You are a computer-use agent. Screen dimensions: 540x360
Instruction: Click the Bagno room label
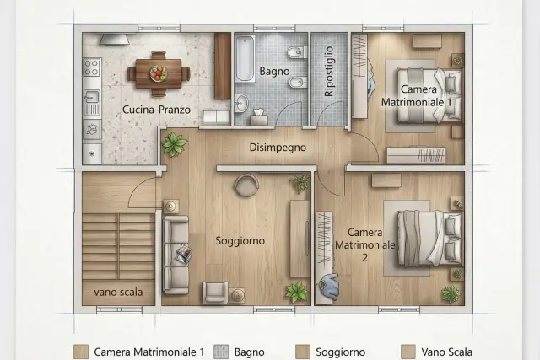[x=274, y=72]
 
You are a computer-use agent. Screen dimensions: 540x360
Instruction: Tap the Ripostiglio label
[x=329, y=72]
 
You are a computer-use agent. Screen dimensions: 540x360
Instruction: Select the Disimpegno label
[x=278, y=148]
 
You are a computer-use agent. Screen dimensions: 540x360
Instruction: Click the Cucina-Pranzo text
[x=156, y=110]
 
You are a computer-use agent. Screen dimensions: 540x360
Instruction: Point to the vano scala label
[x=118, y=293]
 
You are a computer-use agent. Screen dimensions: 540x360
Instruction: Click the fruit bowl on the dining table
[x=158, y=73]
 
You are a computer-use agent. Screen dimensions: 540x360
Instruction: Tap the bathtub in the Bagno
[x=246, y=58]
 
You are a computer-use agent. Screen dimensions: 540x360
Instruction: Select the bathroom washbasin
[x=241, y=103]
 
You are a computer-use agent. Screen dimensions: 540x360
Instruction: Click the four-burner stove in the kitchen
[x=92, y=67]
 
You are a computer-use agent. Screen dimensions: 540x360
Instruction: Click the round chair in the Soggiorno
[x=246, y=185]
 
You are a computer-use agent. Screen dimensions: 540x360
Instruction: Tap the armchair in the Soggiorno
[x=215, y=293]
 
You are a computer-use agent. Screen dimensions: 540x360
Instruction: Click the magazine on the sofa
[x=183, y=254]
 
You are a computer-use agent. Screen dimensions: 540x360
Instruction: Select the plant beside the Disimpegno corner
[x=175, y=143]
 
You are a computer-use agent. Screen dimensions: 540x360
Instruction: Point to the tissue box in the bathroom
[x=259, y=118]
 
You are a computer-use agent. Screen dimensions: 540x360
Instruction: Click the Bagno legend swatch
[x=221, y=352]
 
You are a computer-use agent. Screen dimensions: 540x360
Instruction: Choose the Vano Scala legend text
[x=446, y=352]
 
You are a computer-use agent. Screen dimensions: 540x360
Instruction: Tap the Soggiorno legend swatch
[x=303, y=352]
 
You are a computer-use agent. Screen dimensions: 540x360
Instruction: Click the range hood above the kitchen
[x=115, y=40]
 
